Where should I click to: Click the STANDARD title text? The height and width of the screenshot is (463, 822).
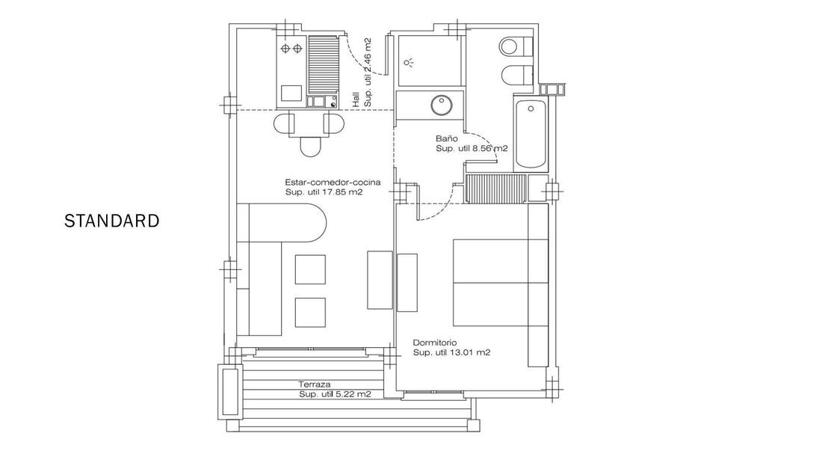pos(111,221)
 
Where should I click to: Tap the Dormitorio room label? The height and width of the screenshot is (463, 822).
pos(434,343)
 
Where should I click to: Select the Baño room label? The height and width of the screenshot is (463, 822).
pos(447,138)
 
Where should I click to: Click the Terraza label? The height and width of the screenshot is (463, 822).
pos(315,384)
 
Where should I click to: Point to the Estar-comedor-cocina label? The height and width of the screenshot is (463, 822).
pos(333,183)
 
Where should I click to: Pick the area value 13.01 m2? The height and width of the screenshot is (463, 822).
pos(470,353)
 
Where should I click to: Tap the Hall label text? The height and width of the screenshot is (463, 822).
pos(356,100)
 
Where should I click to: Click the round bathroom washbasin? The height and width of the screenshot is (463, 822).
pos(442,105)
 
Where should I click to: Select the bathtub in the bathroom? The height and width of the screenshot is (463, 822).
pos(531,133)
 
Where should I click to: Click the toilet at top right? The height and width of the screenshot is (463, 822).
pos(516,46)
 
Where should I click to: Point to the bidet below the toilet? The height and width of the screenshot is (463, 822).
pos(516,76)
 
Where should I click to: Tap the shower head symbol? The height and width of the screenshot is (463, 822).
pos(409,63)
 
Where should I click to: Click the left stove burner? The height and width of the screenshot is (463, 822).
pos(285,49)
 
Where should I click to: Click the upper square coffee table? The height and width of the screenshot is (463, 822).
pos(310,269)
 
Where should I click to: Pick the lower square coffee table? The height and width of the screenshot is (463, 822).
pos(310,313)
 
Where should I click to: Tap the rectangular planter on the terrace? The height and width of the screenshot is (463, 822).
pos(229,392)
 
